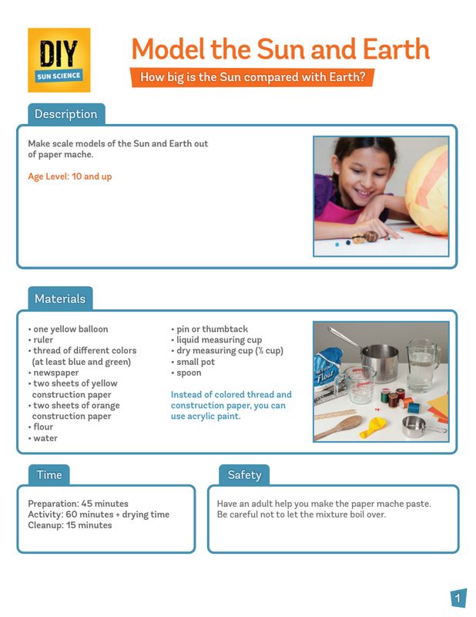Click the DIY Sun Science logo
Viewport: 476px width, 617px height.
[x=59, y=60]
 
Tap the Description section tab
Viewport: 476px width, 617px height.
[x=66, y=114]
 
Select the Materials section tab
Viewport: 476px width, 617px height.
[x=60, y=298]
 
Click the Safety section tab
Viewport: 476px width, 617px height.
[x=244, y=475]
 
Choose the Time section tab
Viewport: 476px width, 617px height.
[x=49, y=475]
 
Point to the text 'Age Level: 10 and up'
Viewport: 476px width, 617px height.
[x=70, y=177]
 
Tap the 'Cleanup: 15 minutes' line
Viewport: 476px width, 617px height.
[x=70, y=525]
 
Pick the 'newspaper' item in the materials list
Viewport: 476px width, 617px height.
[x=55, y=373]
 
